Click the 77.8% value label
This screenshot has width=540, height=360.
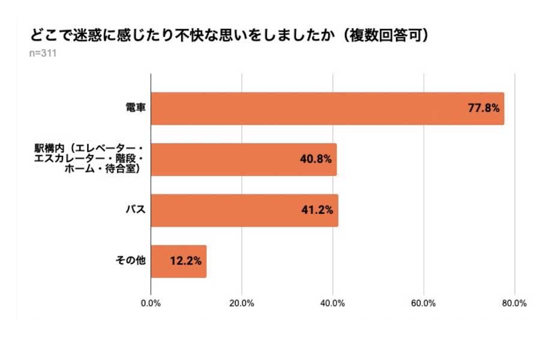(x=484, y=109)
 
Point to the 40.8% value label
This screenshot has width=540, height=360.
(x=316, y=160)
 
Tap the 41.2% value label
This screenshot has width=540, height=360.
(x=317, y=211)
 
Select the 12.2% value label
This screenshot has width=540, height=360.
(x=185, y=261)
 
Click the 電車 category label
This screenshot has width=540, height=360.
(x=134, y=109)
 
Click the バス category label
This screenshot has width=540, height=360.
(x=134, y=211)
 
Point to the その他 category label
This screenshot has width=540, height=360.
(x=130, y=261)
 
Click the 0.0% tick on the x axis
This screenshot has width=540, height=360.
(x=151, y=303)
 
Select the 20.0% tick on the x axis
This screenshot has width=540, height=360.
(x=242, y=303)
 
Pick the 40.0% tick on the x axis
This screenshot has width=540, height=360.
(x=333, y=303)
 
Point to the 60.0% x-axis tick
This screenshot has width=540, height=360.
(x=424, y=303)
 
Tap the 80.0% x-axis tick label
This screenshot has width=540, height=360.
(x=514, y=303)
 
